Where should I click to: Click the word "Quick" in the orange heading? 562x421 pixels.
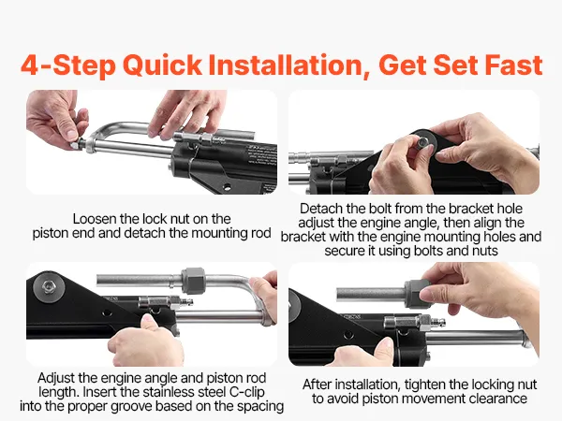click(x=162, y=65)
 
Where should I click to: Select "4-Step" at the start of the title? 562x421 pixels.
click(x=68, y=65)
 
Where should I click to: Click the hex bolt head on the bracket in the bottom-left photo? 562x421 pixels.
click(x=49, y=287)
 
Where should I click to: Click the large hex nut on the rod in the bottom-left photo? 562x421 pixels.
click(x=194, y=281)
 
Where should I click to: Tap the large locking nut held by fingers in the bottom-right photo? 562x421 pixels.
click(x=417, y=294)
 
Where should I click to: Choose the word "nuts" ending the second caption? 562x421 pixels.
click(x=485, y=251)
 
